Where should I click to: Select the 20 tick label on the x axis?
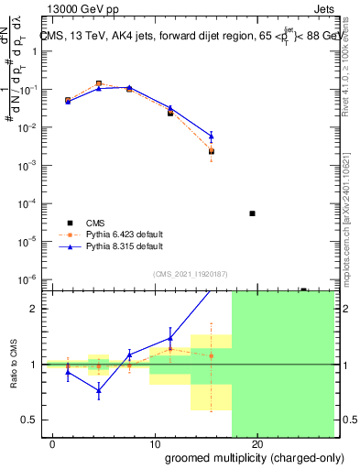tap(257, 444)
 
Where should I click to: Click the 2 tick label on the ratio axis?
tap(34, 309)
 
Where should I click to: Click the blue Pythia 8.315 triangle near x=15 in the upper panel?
tap(212, 136)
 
